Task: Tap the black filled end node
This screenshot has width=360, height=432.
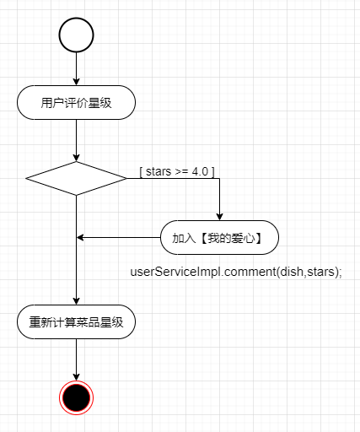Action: click(x=76, y=397)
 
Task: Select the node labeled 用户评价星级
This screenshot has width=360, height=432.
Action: click(x=76, y=103)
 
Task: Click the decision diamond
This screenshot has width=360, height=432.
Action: click(x=76, y=178)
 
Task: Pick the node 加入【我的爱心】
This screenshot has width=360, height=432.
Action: click(x=219, y=238)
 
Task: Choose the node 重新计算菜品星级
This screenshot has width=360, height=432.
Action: click(x=76, y=322)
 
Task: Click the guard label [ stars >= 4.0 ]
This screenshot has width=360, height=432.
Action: click(x=177, y=171)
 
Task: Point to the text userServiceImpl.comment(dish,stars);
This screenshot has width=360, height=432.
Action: click(x=236, y=272)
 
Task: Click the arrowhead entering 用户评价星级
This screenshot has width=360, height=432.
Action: click(x=76, y=82)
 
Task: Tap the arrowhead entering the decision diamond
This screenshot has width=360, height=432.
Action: click(x=76, y=158)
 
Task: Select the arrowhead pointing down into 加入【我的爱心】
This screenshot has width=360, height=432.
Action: click(x=219, y=217)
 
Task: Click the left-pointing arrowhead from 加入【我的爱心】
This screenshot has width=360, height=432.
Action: click(x=80, y=238)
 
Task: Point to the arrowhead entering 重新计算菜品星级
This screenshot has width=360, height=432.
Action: click(x=76, y=301)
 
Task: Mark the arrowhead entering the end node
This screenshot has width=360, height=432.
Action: click(x=76, y=377)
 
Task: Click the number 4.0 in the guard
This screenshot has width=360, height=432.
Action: click(x=200, y=171)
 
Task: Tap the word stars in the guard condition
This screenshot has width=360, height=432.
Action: click(x=159, y=171)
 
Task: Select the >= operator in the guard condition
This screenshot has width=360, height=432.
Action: click(x=181, y=172)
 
